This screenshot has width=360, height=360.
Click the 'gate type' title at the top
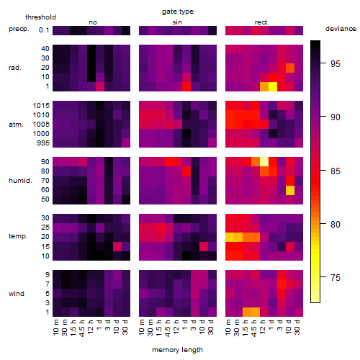(178, 12)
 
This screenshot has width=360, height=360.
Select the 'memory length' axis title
(177, 350)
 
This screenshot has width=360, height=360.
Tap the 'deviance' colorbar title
(341, 29)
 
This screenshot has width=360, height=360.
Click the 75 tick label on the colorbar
(336, 278)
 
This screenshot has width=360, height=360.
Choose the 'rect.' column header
(261, 22)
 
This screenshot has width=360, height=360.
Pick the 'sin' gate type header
(177, 22)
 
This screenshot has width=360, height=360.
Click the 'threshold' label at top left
(40, 17)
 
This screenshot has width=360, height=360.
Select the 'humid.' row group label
(20, 181)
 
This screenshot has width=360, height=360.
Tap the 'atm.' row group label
(16, 125)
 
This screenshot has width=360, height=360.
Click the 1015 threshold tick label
(41, 106)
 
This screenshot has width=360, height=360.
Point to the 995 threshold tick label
(43, 143)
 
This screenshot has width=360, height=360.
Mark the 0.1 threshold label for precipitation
(44, 30)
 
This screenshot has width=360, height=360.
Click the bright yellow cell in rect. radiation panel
(273, 86)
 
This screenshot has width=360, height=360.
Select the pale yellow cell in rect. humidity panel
(264, 162)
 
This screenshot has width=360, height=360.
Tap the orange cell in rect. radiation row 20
(290, 68)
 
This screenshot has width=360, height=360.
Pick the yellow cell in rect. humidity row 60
(290, 190)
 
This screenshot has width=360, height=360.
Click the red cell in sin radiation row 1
(186, 86)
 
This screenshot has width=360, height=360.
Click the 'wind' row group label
(17, 294)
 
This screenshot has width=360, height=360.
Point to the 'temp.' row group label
(18, 236)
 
